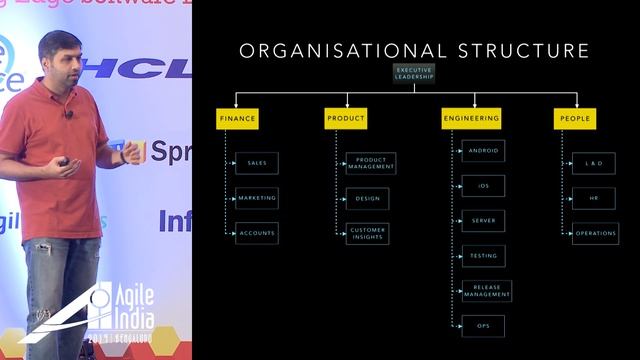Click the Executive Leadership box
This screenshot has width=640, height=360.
(x=414, y=73)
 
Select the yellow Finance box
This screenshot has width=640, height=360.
(x=237, y=118)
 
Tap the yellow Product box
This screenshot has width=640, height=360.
(x=346, y=118)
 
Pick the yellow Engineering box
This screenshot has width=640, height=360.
(x=471, y=118)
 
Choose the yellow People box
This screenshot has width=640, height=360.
(x=575, y=118)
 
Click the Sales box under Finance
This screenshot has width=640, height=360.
(x=257, y=162)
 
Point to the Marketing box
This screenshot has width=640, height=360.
(x=257, y=198)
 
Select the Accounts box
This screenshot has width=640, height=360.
(x=257, y=233)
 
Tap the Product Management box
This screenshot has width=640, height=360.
(x=371, y=163)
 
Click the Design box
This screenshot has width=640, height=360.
(x=367, y=198)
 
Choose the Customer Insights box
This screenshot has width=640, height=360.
(x=367, y=233)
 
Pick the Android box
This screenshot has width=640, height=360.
(x=483, y=151)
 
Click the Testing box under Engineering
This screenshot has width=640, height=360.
(x=483, y=256)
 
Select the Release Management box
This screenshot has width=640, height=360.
(x=487, y=291)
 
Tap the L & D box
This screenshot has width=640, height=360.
(x=594, y=162)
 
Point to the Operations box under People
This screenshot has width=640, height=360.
(x=595, y=233)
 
